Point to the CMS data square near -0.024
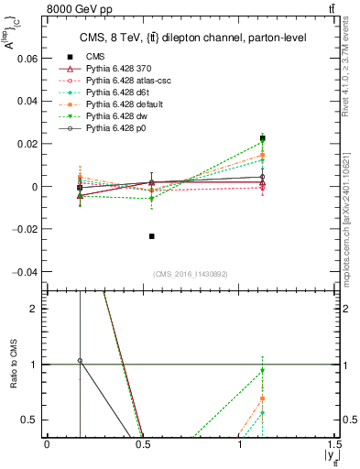[151, 236]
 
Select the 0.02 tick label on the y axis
[27, 144]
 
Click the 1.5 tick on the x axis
[334, 443]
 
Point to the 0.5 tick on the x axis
[143, 443]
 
